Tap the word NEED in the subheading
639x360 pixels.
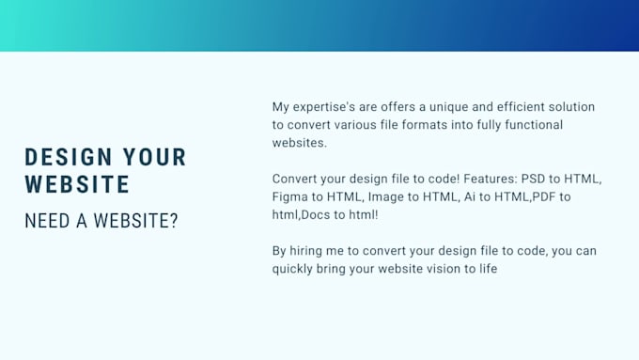tap(47, 222)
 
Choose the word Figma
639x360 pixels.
tap(291, 196)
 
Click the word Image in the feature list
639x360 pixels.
tap(387, 196)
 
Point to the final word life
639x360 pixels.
tap(484, 269)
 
